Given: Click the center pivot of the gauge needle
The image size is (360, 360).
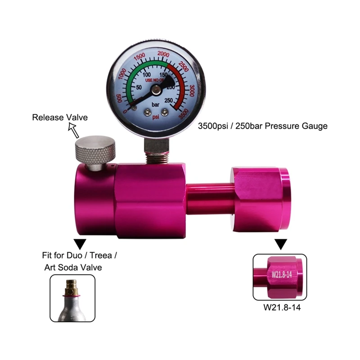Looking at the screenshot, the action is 155,90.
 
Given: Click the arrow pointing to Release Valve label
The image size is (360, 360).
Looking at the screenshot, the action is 73,131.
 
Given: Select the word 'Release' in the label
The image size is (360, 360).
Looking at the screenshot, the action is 45,118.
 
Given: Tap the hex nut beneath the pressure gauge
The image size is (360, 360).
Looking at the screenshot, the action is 156,144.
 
